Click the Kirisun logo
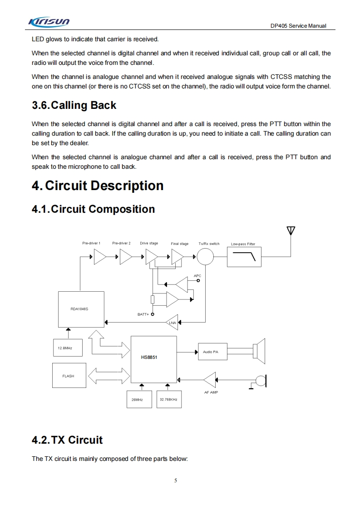[x=49, y=22]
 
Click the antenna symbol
[x=291, y=230]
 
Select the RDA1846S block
[x=81, y=308]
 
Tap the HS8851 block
[x=153, y=359]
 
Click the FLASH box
[x=69, y=376]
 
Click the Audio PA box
[x=212, y=352]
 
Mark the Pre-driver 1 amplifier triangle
[x=99, y=258]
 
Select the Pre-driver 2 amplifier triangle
[x=126, y=258]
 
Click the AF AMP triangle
[x=210, y=380]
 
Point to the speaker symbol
[x=260, y=350]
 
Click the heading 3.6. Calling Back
[x=74, y=105]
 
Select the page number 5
[x=176, y=480]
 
